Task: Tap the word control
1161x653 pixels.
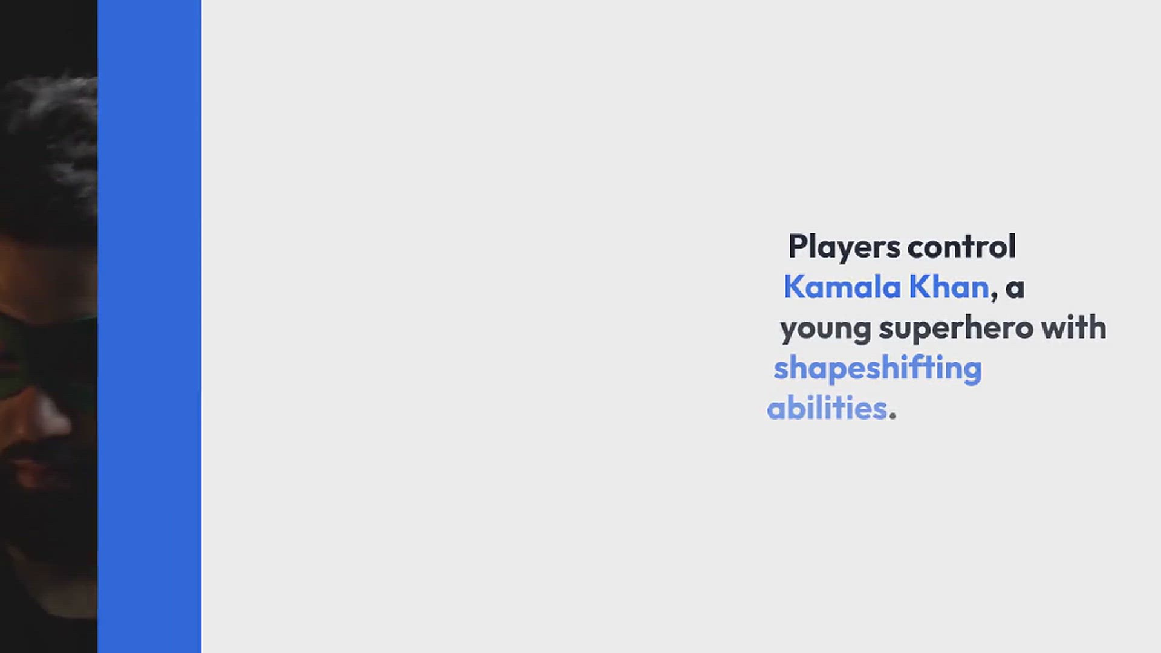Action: pyautogui.click(x=961, y=247)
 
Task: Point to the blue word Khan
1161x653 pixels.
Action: pyautogui.click(x=949, y=287)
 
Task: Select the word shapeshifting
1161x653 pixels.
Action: pyautogui.click(x=877, y=369)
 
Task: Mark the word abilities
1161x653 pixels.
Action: pyautogui.click(x=827, y=408)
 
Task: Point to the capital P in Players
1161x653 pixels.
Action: pyautogui.click(x=798, y=247)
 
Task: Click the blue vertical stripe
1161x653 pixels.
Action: pyautogui.click(x=149, y=326)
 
